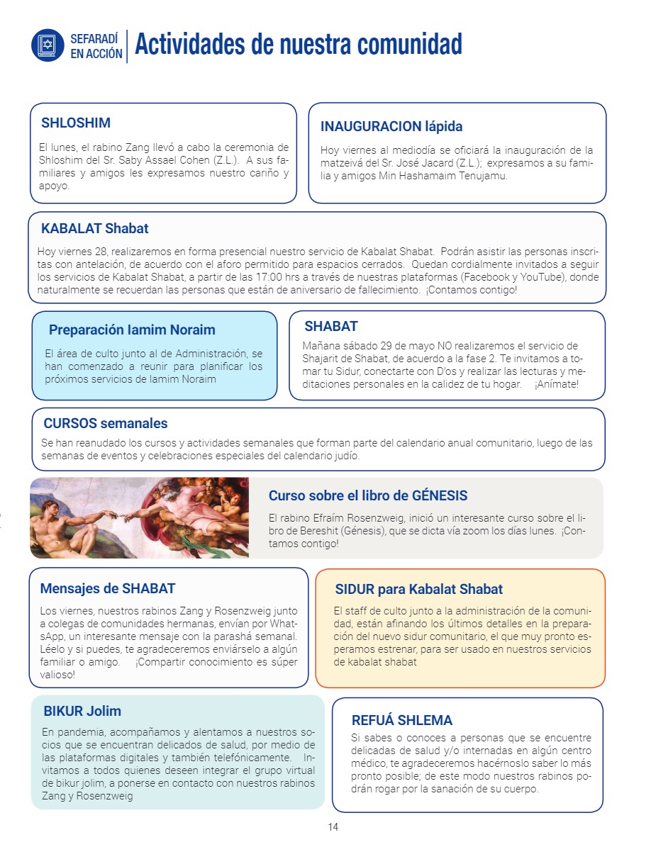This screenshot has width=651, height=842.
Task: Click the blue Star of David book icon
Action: [x=48, y=45]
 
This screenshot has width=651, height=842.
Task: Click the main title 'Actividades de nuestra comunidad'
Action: [x=298, y=44]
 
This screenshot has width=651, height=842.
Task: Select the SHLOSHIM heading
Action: [x=76, y=123]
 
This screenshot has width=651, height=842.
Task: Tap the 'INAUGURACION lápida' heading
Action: [x=391, y=126]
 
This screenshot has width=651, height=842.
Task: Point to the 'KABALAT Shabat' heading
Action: [x=95, y=229]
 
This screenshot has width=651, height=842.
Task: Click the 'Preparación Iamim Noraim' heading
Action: [x=132, y=330]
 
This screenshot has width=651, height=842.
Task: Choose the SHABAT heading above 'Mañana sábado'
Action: [x=331, y=327]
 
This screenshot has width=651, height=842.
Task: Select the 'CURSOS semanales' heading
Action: [x=106, y=424]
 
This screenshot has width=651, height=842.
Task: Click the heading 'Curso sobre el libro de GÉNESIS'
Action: [x=368, y=495]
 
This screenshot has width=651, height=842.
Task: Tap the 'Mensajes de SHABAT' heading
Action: [x=108, y=588]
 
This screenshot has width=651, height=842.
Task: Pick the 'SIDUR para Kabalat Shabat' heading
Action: [x=418, y=589]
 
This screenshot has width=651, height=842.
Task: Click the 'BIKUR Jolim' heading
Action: [x=82, y=711]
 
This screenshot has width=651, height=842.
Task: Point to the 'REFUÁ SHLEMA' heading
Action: [x=401, y=720]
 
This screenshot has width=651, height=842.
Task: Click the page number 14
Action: [x=333, y=827]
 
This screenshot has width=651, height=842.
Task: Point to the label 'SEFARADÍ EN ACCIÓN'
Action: [x=96, y=45]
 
